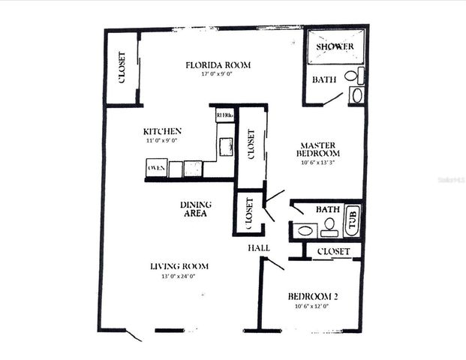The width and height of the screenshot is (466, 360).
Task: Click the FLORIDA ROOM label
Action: [x=218, y=65]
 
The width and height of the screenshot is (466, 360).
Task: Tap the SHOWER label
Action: [x=334, y=47]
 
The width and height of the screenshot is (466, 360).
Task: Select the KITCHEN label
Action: [x=162, y=130]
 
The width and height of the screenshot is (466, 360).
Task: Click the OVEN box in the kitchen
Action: [x=156, y=168]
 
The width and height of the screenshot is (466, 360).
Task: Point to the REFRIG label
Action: [x=224, y=115]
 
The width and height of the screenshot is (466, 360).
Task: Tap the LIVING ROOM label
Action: [x=179, y=266]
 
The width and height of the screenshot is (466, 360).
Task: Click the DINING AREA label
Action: [x=195, y=209]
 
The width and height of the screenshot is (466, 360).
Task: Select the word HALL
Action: [x=259, y=247]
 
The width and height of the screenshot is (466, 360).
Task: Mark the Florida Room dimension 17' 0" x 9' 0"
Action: [x=218, y=75]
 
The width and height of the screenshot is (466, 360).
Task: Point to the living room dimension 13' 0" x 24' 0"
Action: [x=179, y=276]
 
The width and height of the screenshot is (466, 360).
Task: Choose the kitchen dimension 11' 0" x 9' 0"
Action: [x=162, y=140]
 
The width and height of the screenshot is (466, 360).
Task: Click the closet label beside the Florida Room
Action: [x=122, y=67]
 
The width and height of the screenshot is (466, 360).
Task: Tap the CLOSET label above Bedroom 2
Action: [x=333, y=251]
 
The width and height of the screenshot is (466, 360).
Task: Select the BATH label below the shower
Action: [x=324, y=79]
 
